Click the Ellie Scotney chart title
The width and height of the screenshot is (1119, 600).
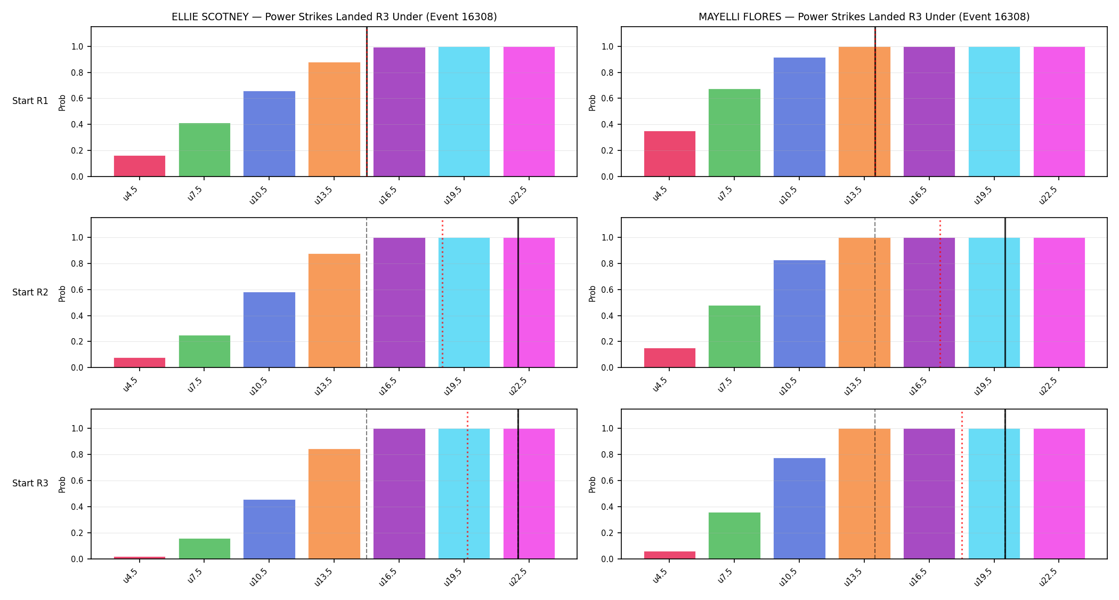tap(334, 17)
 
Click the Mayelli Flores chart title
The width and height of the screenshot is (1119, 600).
tap(864, 17)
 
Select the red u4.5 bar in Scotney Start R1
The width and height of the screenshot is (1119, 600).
tap(140, 166)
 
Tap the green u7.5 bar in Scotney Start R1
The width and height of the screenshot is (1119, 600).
tap(205, 150)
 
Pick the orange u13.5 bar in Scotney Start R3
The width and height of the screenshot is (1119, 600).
tap(334, 504)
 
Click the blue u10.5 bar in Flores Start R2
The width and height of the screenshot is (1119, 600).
tap(799, 314)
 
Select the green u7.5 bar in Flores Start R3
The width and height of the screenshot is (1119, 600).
tap(734, 535)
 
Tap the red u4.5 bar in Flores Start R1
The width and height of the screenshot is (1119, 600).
tap(670, 154)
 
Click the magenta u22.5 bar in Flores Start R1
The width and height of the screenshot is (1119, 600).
tap(1059, 111)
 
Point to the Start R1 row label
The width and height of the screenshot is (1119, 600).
tap(30, 101)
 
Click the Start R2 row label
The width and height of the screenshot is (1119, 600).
tap(30, 292)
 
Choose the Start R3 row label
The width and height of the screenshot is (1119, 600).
tap(30, 483)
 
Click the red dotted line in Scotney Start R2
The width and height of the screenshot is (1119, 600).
tap(442, 293)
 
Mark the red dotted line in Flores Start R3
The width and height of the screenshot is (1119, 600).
tap(962, 484)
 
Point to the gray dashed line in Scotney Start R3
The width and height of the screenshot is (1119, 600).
tap(367, 484)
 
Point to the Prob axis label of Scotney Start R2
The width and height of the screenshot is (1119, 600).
tap(62, 293)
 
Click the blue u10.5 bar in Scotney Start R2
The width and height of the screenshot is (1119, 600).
tap(269, 330)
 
